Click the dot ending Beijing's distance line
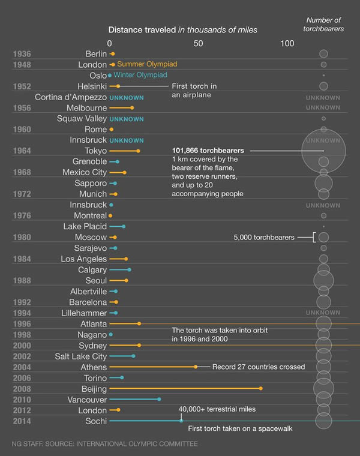pos(261,388)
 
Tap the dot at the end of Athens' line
pos(196,367)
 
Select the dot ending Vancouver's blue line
pos(159,399)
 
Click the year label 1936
pos(22,54)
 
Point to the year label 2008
pos(22,389)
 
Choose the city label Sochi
pos(95,421)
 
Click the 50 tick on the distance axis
pos(199,43)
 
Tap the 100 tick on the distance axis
pos(287,43)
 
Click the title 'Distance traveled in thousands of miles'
pos(183,30)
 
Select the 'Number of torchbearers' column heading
pos(323,25)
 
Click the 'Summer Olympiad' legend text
pos(147,64)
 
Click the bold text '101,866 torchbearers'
pos(208,150)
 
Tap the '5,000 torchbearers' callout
pos(264,238)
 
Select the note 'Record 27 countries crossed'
pos(259,367)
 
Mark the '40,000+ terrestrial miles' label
pos(217,409)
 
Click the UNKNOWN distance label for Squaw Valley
pos(126,119)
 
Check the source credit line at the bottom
pos(105,444)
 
